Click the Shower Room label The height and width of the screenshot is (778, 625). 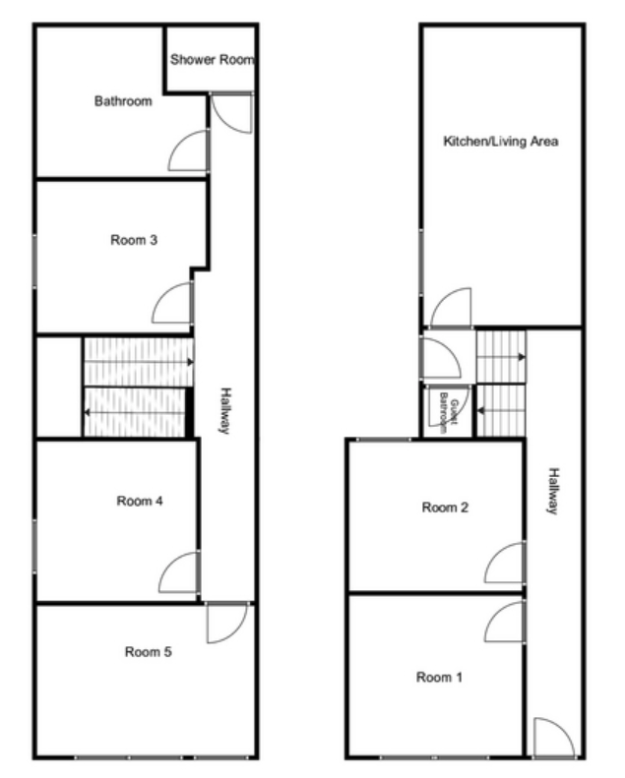212,60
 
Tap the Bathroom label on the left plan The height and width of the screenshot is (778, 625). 123,101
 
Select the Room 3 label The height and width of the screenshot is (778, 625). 134,240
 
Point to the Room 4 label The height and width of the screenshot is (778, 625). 140,502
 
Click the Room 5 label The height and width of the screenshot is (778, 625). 148,652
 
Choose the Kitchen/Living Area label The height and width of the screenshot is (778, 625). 500,142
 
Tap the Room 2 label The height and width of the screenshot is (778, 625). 445,508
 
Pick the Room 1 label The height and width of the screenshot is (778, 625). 439,678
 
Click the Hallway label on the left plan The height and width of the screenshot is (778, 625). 225,411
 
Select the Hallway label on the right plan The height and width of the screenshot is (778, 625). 553,491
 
